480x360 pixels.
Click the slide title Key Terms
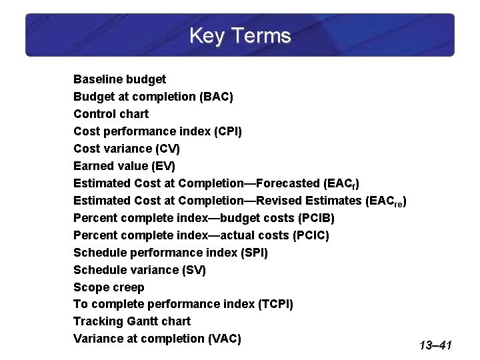point(240,35)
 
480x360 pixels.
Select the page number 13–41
point(436,345)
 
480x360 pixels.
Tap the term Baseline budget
point(119,79)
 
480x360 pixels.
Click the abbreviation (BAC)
point(216,97)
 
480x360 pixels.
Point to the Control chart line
point(111,114)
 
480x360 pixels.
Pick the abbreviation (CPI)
point(227,131)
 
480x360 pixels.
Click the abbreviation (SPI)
point(251,253)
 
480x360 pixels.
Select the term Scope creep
point(109,287)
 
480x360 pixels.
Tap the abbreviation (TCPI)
point(275,305)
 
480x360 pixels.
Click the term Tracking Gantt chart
point(132,321)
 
